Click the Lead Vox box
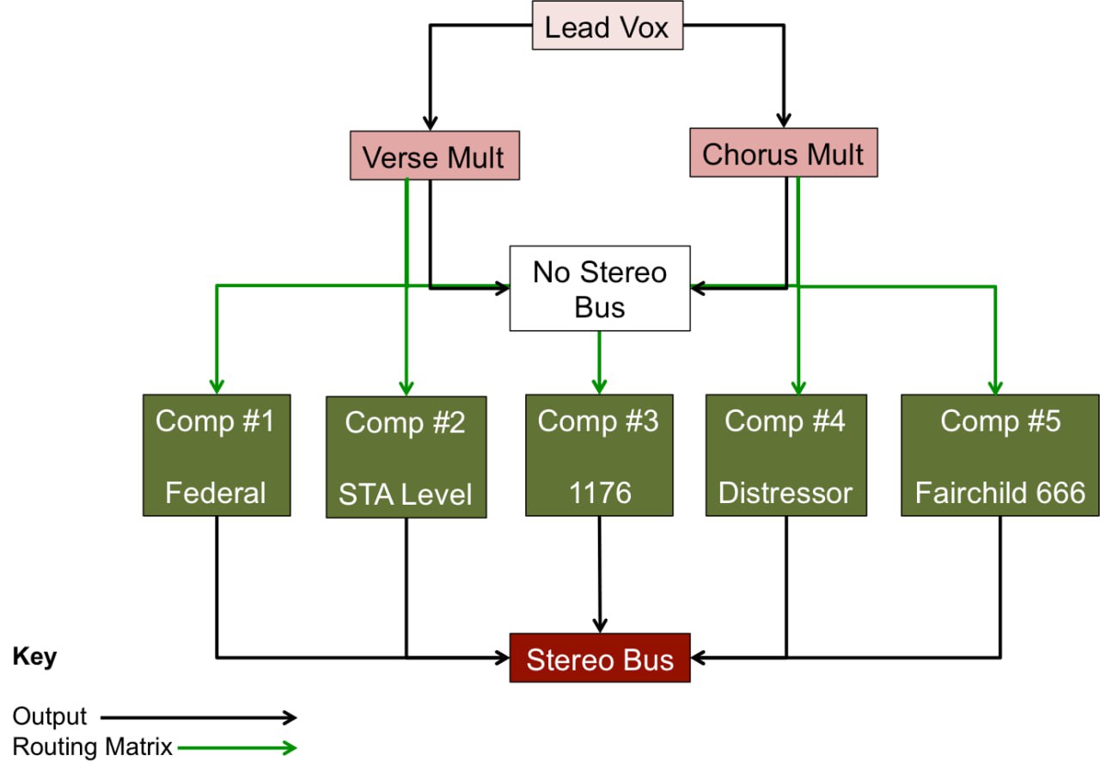click(608, 28)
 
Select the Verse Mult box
click(434, 156)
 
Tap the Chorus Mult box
click(783, 153)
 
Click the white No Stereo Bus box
click(599, 289)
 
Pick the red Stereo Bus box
click(599, 659)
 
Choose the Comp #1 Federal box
click(216, 455)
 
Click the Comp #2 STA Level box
click(406, 457)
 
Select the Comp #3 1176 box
click(599, 455)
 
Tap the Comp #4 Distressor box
click(785, 455)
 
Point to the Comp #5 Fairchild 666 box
click(999, 455)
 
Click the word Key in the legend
click(34, 658)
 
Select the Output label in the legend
click(50, 716)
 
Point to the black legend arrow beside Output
click(198, 716)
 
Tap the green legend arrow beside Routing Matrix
click(236, 747)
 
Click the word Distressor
click(785, 494)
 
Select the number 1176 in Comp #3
click(599, 494)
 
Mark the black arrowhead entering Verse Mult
click(430, 121)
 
